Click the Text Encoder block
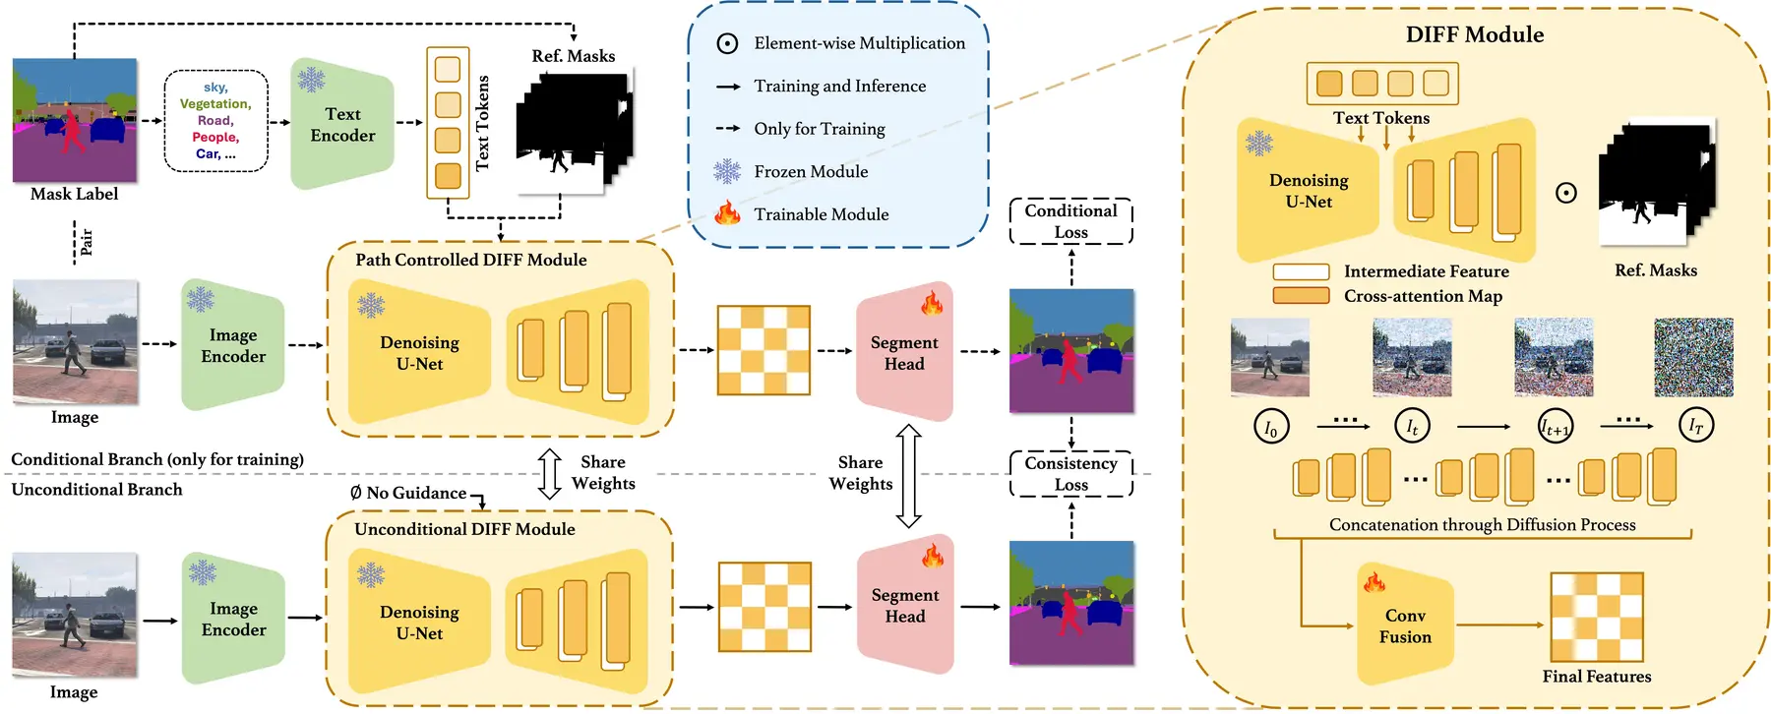coord(342,125)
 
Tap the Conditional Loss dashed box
coord(1070,221)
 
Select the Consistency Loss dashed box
coord(1070,473)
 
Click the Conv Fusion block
coord(1404,625)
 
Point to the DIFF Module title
coord(1474,34)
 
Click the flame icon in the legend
coord(727,212)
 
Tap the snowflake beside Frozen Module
coord(727,171)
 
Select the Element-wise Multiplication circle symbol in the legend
coord(727,43)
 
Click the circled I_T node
coord(1695,426)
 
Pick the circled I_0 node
coord(1270,427)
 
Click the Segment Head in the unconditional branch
coord(904,605)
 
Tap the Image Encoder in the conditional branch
coord(233,345)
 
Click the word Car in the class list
coord(208,153)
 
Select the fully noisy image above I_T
coord(1693,357)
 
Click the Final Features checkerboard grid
coord(1596,617)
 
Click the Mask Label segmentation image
coord(75,119)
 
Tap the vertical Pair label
coord(86,242)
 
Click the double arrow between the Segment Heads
coord(908,476)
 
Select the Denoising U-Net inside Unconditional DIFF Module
coord(419,623)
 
